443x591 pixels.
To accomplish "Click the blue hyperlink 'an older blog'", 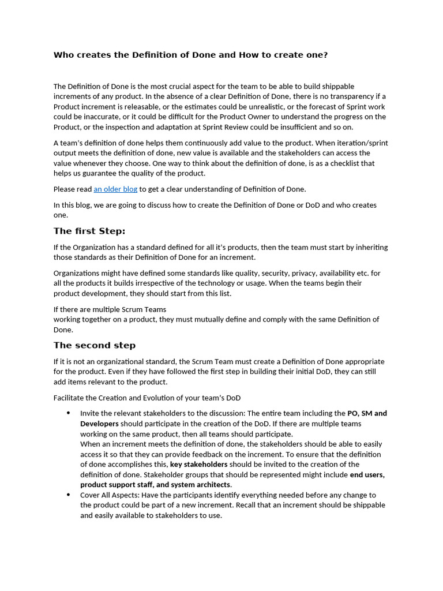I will [x=115, y=189].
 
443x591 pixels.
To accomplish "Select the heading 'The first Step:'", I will [x=89, y=231].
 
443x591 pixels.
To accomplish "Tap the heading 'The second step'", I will [x=95, y=346].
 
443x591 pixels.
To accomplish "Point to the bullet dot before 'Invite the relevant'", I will [x=69, y=413].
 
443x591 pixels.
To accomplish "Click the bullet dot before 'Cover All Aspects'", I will [x=69, y=495].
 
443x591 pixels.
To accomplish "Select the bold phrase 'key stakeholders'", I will [x=198, y=465].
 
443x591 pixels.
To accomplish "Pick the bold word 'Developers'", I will [x=99, y=424].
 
